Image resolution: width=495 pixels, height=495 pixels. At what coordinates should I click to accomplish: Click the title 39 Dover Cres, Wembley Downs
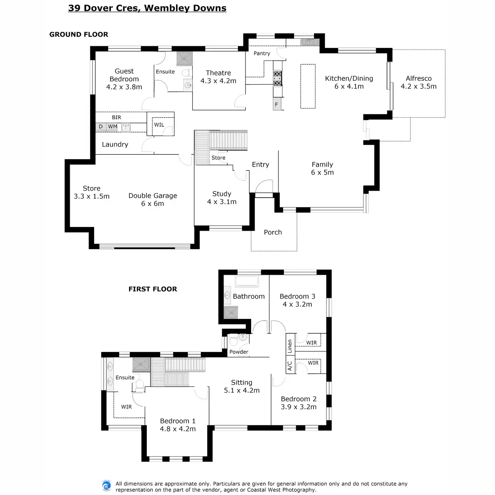pyautogui.click(x=147, y=8)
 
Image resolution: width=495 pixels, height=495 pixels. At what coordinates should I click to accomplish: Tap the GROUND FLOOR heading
pyautogui.click(x=79, y=35)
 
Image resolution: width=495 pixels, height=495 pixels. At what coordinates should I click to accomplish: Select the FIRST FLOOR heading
pyautogui.click(x=153, y=289)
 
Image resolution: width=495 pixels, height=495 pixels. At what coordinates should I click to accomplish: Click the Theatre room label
pyautogui.click(x=218, y=77)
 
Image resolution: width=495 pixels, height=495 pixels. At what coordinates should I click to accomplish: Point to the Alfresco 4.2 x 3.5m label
pyautogui.click(x=418, y=82)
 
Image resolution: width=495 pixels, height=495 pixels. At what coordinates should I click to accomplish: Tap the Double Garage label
pyautogui.click(x=153, y=200)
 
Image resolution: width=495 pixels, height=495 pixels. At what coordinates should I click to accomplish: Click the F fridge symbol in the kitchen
pyautogui.click(x=276, y=105)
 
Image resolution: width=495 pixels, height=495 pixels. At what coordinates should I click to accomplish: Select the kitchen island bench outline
pyautogui.click(x=308, y=86)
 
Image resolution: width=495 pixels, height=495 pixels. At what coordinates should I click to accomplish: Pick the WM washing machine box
pyautogui.click(x=113, y=127)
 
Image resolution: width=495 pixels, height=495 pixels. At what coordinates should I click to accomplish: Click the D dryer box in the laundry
pyautogui.click(x=101, y=127)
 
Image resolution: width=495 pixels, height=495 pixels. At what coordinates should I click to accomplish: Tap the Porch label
pyautogui.click(x=273, y=232)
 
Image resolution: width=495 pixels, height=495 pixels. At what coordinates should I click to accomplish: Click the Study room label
pyautogui.click(x=222, y=198)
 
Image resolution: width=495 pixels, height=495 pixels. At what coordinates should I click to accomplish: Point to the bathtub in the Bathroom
pyautogui.click(x=246, y=281)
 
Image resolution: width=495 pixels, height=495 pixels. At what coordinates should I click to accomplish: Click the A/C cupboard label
pyautogui.click(x=290, y=366)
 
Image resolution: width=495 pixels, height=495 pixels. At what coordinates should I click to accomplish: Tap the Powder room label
pyautogui.click(x=239, y=352)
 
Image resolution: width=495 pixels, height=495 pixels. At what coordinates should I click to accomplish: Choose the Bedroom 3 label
pyautogui.click(x=297, y=300)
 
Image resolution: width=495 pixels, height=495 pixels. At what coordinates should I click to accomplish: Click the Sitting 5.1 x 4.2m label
pyautogui.click(x=241, y=387)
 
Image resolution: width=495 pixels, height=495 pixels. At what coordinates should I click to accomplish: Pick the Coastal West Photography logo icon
pyautogui.click(x=106, y=486)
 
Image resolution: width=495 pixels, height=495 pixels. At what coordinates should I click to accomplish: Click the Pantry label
pyautogui.click(x=262, y=54)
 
